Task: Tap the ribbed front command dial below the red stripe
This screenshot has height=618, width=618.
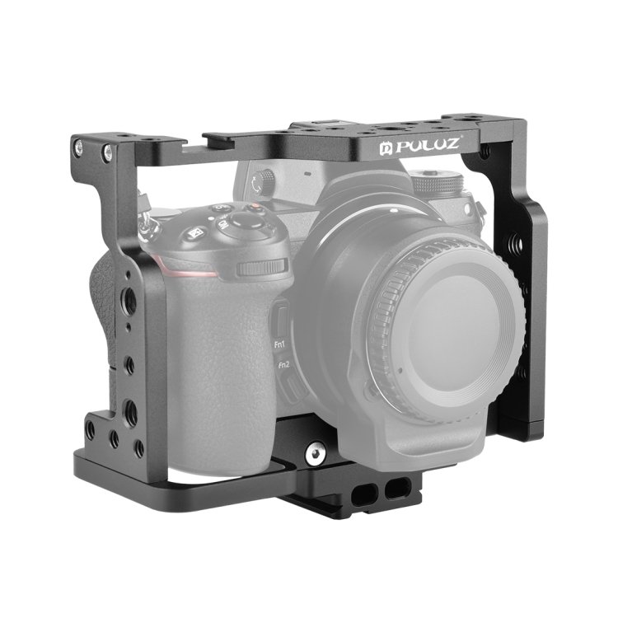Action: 262,268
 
